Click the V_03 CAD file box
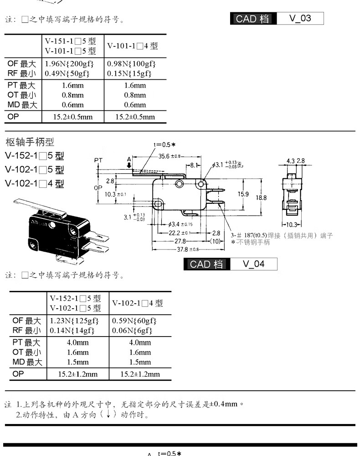pos(300,19)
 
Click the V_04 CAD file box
pos(253,264)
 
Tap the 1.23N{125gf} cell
pos(72,321)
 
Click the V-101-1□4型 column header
pos(132,46)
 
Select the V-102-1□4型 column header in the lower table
pos(137,303)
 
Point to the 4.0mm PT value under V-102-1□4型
pos(140,342)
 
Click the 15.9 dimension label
pos(243,194)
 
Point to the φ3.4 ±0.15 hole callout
pos(181,224)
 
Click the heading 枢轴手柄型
pos(30,141)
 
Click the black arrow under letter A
pos(129,165)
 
